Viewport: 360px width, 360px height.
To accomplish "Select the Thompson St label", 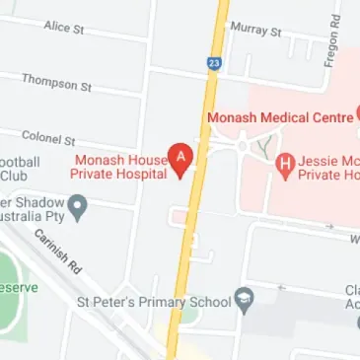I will tap(56, 82).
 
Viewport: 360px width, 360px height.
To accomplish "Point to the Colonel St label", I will tap(49, 139).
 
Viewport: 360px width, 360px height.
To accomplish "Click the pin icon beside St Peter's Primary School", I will tap(243, 299).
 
